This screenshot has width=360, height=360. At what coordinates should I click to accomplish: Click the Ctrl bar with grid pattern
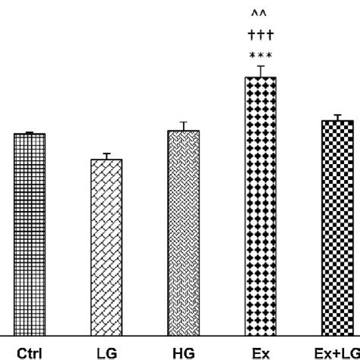pyautogui.click(x=30, y=233)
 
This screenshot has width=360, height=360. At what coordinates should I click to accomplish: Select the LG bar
pyautogui.click(x=106, y=246)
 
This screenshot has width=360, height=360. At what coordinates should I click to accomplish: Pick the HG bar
pyautogui.click(x=183, y=232)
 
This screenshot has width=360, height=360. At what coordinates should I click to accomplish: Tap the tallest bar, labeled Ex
pyautogui.click(x=260, y=205)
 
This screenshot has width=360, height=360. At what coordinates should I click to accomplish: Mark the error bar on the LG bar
pyautogui.click(x=107, y=156)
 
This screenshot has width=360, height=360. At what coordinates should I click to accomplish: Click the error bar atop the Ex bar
pyautogui.click(x=260, y=71)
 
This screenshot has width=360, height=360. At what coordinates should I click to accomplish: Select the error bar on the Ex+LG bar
pyautogui.click(x=337, y=117)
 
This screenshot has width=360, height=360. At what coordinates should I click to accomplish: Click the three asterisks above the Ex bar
pyautogui.click(x=260, y=56)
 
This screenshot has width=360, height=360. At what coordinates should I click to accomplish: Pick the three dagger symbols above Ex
pyautogui.click(x=260, y=35)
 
